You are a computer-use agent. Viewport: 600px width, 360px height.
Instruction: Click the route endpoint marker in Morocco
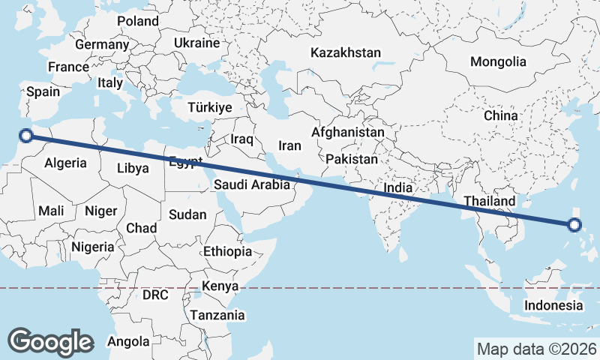(x=26, y=136)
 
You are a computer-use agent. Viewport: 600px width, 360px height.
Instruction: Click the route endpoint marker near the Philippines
(x=574, y=224)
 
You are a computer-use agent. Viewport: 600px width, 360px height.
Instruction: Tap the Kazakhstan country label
(x=346, y=53)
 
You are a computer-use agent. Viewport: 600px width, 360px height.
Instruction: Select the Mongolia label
(x=498, y=62)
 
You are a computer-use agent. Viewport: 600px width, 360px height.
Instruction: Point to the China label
(x=500, y=116)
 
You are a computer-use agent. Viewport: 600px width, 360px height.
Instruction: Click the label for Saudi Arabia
(x=252, y=184)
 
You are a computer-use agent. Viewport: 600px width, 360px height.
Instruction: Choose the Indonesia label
(x=553, y=305)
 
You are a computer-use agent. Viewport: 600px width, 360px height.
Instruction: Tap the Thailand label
(x=490, y=201)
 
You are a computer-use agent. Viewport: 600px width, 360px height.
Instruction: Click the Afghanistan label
(x=348, y=132)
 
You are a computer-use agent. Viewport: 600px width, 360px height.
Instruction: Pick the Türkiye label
(x=210, y=107)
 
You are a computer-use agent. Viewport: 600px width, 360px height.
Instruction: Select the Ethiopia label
(x=227, y=251)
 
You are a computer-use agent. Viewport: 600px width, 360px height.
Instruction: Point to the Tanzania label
(x=217, y=315)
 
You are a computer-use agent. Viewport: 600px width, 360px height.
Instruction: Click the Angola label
(x=128, y=342)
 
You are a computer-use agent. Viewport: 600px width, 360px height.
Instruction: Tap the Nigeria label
(x=93, y=246)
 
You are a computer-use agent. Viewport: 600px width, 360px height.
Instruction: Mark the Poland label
(x=138, y=22)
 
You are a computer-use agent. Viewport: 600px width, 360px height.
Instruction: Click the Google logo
(x=50, y=341)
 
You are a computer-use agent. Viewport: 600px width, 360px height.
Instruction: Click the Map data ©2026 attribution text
(x=536, y=349)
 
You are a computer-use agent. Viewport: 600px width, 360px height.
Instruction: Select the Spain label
(x=43, y=91)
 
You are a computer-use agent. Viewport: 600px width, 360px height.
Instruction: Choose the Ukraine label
(x=196, y=43)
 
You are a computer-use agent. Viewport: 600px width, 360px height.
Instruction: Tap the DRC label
(x=155, y=295)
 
